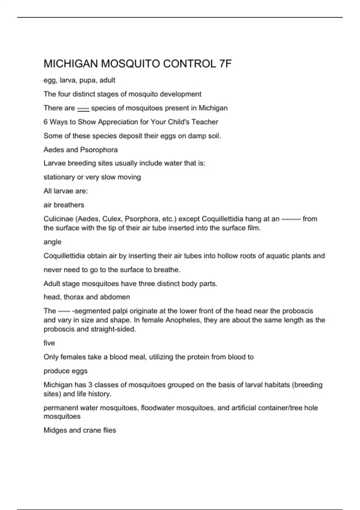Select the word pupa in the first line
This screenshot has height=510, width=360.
(87, 80)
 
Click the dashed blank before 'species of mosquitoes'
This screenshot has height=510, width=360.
(83, 108)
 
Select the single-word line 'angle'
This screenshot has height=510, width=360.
(52, 242)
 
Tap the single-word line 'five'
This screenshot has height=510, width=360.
(49, 343)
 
